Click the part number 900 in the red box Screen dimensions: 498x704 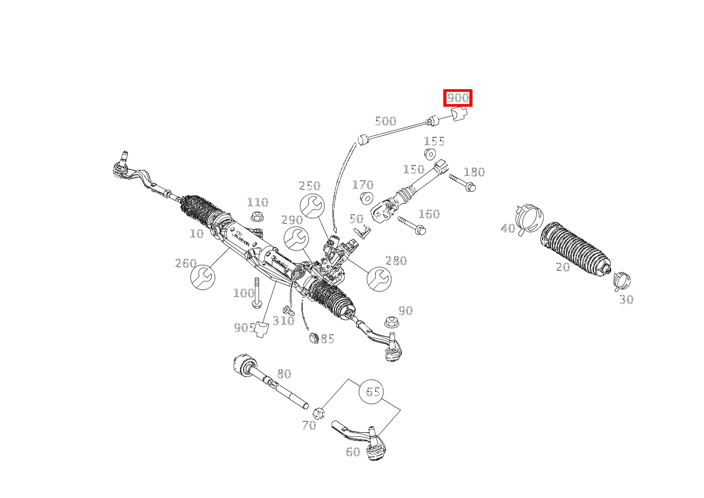tap(458, 98)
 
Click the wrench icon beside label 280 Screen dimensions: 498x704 tap(379, 278)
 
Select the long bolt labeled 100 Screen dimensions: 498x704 tap(257, 293)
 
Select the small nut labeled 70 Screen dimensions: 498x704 tap(319, 412)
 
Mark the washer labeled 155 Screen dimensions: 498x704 tap(430, 154)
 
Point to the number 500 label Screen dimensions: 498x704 tap(385, 121)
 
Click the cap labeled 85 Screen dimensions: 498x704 tap(313, 338)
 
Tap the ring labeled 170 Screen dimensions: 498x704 tap(365, 199)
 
